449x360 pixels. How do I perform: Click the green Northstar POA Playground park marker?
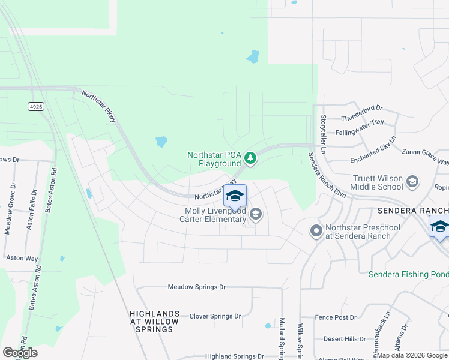[x=250, y=159]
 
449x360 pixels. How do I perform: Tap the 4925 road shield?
[x=35, y=106]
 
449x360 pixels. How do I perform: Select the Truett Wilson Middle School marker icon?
[x=412, y=182]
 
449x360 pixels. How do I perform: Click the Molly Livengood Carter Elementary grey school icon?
[x=256, y=214]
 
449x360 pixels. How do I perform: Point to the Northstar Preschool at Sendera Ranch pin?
[x=316, y=231]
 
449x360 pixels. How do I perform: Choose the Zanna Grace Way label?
[x=425, y=157]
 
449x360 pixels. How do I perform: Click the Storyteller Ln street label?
[x=323, y=128]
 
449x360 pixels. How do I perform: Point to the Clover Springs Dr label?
[x=215, y=316]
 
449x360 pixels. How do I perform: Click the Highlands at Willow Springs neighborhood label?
[x=154, y=322]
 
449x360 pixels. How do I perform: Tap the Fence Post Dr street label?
[x=336, y=317]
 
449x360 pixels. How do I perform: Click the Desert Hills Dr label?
[x=345, y=339]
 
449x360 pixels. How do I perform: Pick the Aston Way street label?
[x=22, y=257]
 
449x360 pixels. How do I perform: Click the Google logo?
[x=20, y=353]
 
